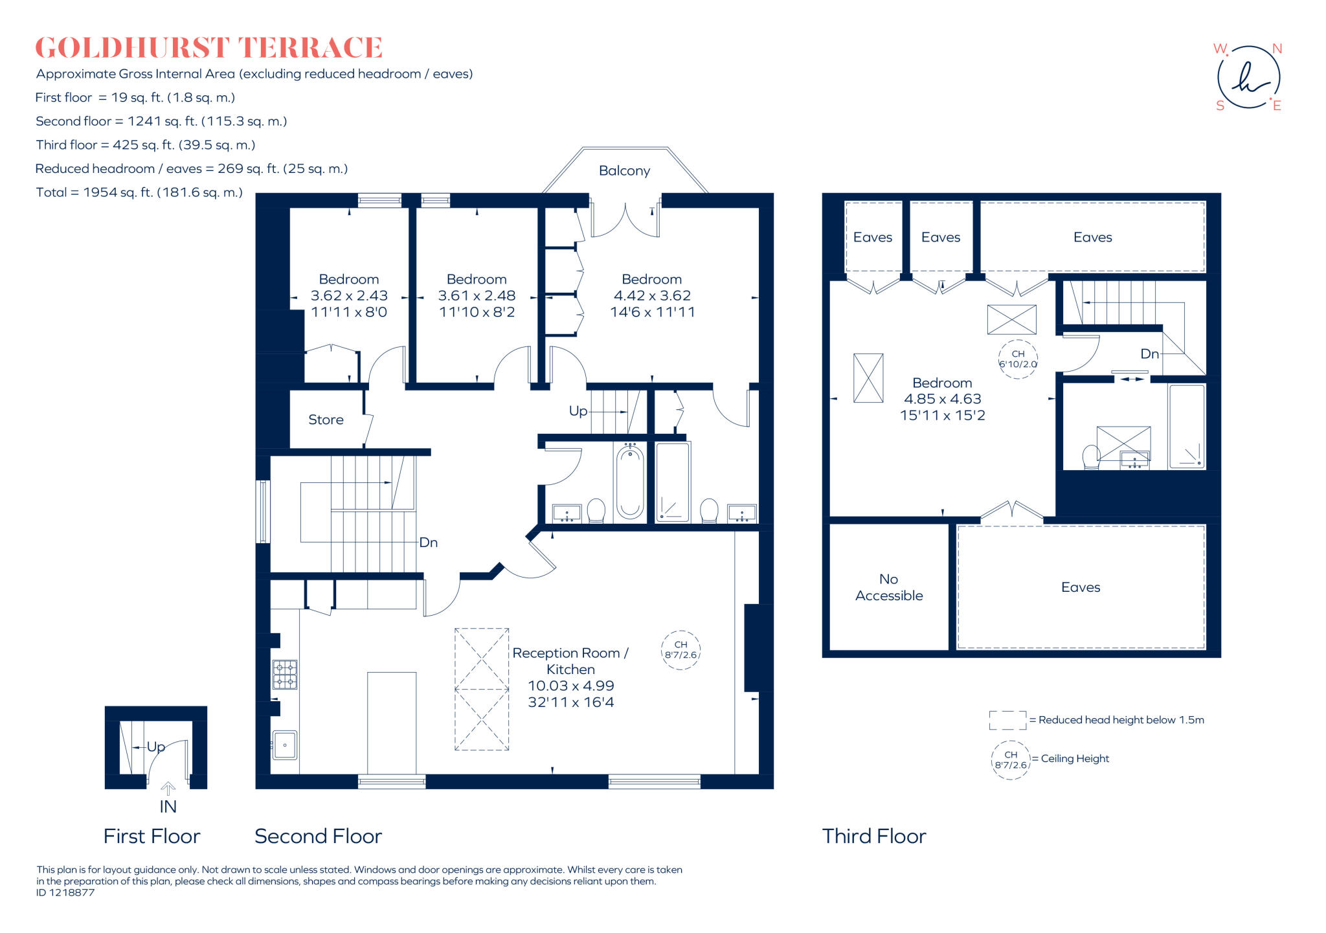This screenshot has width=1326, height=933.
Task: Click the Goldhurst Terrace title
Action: pyautogui.click(x=208, y=48)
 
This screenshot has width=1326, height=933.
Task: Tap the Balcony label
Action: pyautogui.click(x=624, y=171)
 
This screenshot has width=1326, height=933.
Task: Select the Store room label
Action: pyautogui.click(x=326, y=420)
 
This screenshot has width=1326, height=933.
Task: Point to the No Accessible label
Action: pyautogui.click(x=889, y=587)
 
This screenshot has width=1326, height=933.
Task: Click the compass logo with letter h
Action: pyautogui.click(x=1248, y=78)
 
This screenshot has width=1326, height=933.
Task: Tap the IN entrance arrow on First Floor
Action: pyautogui.click(x=168, y=789)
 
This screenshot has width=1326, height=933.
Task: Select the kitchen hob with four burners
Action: pyautogui.click(x=284, y=674)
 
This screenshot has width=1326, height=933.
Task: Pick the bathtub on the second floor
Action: pyautogui.click(x=629, y=482)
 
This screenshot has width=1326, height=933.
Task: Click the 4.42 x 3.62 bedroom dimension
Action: pyautogui.click(x=652, y=296)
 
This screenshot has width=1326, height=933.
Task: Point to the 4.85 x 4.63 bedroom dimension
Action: pyautogui.click(x=942, y=399)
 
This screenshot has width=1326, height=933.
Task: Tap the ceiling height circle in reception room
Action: pyautogui.click(x=680, y=650)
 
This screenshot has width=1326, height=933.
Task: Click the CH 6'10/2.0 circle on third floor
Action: pyautogui.click(x=1018, y=359)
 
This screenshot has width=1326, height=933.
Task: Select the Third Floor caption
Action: pyautogui.click(x=874, y=837)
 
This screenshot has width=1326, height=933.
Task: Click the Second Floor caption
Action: pyautogui.click(x=318, y=837)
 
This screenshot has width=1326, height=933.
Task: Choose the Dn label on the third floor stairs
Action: pyautogui.click(x=1149, y=354)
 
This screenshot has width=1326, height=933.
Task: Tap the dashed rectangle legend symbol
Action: pyautogui.click(x=1007, y=720)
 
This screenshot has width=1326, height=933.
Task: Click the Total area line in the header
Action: pyautogui.click(x=139, y=192)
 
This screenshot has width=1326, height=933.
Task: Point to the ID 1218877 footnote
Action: pyautogui.click(x=65, y=893)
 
